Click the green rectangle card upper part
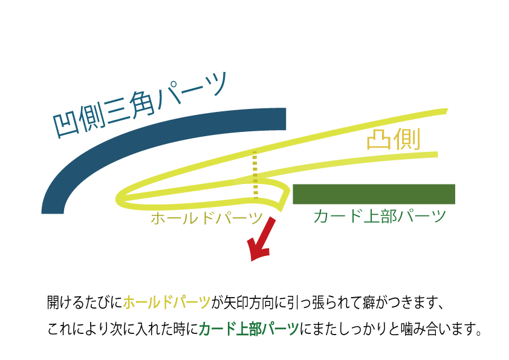pos(374,194)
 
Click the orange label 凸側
pos(393,140)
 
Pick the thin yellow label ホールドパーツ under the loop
pos(206,218)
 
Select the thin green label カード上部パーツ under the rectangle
pos(379,216)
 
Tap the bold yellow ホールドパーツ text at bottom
pos(166,302)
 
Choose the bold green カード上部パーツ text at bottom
pos(248,329)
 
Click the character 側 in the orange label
pos(407,140)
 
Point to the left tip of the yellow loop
pos(119,198)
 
